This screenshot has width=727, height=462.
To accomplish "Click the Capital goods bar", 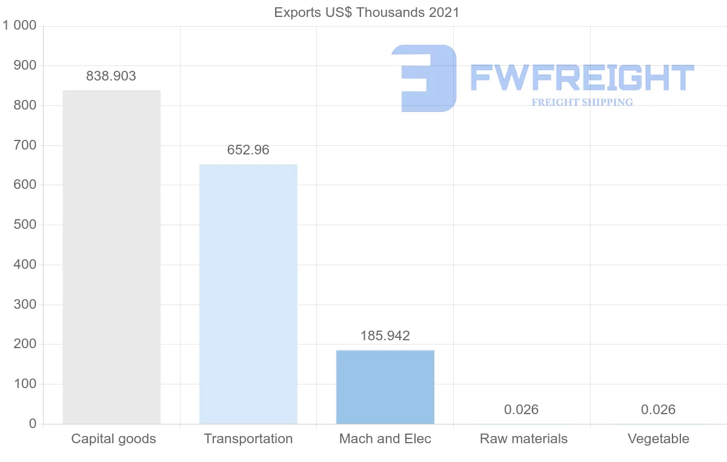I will [x=111, y=257].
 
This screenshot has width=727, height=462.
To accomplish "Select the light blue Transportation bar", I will [x=248, y=294].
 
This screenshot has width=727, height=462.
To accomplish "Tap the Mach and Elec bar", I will [x=385, y=387].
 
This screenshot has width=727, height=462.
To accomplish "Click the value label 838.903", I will [x=111, y=76].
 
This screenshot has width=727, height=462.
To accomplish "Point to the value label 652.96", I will [x=248, y=150].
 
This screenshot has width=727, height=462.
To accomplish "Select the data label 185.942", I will [x=385, y=336].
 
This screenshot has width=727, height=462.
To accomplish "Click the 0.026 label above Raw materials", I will [x=522, y=410].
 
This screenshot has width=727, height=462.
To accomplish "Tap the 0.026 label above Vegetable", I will [x=659, y=410].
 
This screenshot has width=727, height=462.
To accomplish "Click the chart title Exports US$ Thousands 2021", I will [x=367, y=13].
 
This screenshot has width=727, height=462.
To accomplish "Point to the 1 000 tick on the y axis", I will [x=20, y=26].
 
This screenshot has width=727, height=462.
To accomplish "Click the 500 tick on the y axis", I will [x=25, y=225].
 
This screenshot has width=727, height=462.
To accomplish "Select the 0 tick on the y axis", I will [x=32, y=424].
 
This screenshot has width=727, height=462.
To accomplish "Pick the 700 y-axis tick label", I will [x=25, y=145].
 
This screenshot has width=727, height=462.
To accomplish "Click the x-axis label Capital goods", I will [x=113, y=439].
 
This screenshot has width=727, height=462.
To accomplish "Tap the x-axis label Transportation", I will [x=248, y=439].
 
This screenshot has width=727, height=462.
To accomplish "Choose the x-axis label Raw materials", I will [x=523, y=439].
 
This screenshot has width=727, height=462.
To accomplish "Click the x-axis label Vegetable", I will [x=659, y=439].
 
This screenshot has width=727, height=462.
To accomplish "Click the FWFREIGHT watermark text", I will [x=582, y=78].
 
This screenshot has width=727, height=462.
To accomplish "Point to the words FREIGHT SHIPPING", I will [x=582, y=102].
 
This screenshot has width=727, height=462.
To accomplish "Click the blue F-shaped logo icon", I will [x=424, y=78].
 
